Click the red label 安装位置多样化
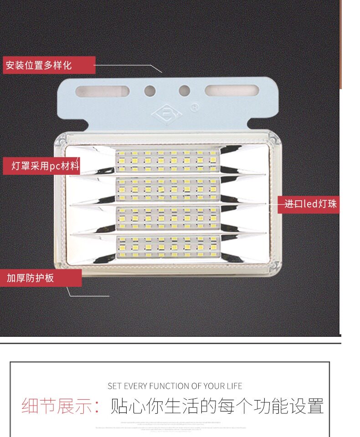[x=49, y=65]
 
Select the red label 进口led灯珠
[x=310, y=204]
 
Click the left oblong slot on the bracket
[x=102, y=91]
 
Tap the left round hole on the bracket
[x=150, y=91]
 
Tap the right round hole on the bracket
[x=184, y=91]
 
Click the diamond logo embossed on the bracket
[x=167, y=113]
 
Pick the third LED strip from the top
[x=167, y=218]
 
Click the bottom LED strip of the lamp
[x=167, y=247]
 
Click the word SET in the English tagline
[x=113, y=386]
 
